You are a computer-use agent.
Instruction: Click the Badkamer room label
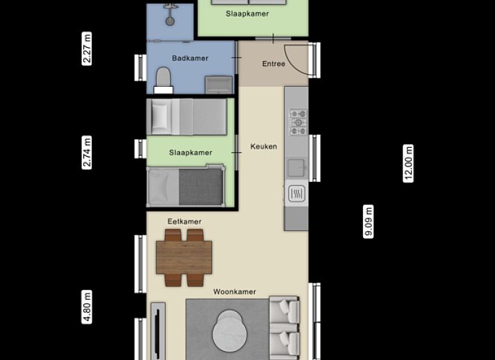pos(190,58)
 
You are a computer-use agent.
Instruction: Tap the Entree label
pos(274,64)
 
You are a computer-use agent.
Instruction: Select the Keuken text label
pos(264,146)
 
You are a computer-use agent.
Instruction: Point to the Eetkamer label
pos(184,222)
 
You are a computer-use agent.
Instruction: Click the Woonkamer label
pos(235,292)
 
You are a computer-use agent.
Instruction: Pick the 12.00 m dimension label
pos(409,163)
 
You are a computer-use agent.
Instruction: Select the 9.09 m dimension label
pos(369,222)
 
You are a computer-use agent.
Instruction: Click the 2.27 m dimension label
pos(87,49)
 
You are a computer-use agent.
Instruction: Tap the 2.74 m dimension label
pos(87,153)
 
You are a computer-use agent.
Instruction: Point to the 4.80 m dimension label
pos(87,307)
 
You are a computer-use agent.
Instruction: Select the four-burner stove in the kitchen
pos(298,122)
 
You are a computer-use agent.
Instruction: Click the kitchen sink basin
pos(296,167)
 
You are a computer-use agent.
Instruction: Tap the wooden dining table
pos(184,257)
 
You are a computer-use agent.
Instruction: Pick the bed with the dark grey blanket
pos(185,187)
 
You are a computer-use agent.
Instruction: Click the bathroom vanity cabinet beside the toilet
pos(220,85)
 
